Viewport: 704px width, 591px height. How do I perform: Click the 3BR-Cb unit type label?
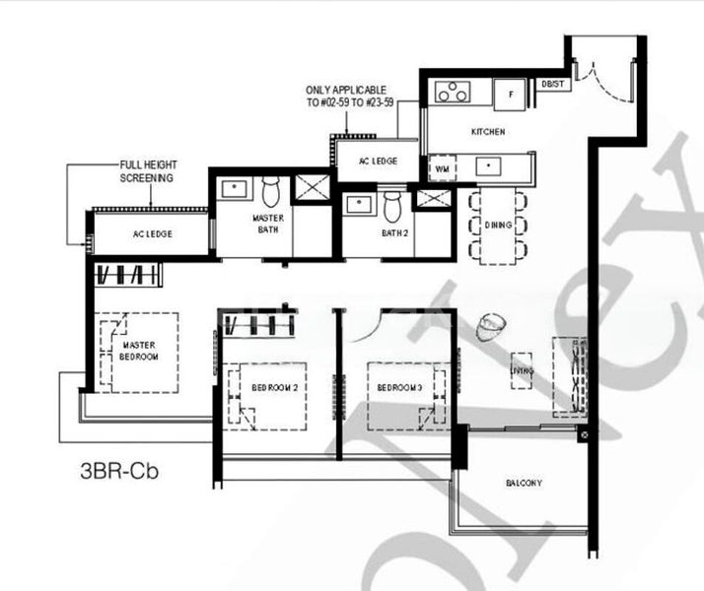pos(119,470)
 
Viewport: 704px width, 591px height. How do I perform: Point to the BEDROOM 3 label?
pos(399,387)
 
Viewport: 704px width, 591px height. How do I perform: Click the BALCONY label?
pos(523,484)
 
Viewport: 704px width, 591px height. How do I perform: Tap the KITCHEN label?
pos(488,131)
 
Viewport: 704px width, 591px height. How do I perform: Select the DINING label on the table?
pos(498,227)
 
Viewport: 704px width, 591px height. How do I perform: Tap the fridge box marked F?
pos(510,94)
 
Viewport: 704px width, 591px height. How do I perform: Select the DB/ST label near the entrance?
pos(552,85)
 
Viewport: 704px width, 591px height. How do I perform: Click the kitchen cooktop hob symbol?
pos(453,92)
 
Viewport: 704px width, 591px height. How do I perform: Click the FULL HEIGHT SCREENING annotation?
pos(146,172)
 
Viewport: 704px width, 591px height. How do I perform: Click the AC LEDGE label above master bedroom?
pos(152,235)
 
